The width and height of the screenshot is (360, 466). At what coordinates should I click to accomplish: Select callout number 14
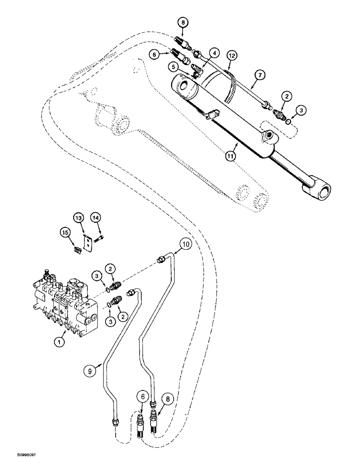tap(96, 218)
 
